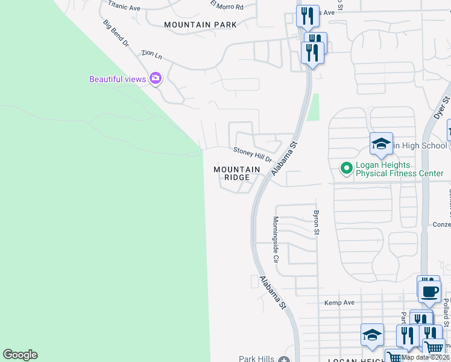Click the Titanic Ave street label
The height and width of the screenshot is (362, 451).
pyautogui.click(x=124, y=7)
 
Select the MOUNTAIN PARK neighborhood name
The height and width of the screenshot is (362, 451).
pyautogui.click(x=200, y=25)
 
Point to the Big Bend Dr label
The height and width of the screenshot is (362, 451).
pyautogui.click(x=116, y=34)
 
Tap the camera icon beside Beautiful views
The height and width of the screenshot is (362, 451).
pyautogui.click(x=156, y=78)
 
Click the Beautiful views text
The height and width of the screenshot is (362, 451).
pyautogui.click(x=118, y=79)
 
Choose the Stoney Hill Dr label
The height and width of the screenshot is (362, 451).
pyautogui.click(x=253, y=154)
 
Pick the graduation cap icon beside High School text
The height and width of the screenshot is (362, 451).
pyautogui.click(x=381, y=144)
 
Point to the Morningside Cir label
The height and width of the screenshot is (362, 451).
pyautogui.click(x=275, y=239)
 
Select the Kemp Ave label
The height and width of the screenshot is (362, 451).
pyautogui.click(x=339, y=303)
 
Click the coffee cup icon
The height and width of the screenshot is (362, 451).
pyautogui.click(x=429, y=292)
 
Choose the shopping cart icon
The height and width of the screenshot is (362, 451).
pyautogui.click(x=434, y=347)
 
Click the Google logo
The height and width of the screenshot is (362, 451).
pyautogui.click(x=20, y=355)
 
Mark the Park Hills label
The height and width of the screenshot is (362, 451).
pyautogui.click(x=257, y=358)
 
